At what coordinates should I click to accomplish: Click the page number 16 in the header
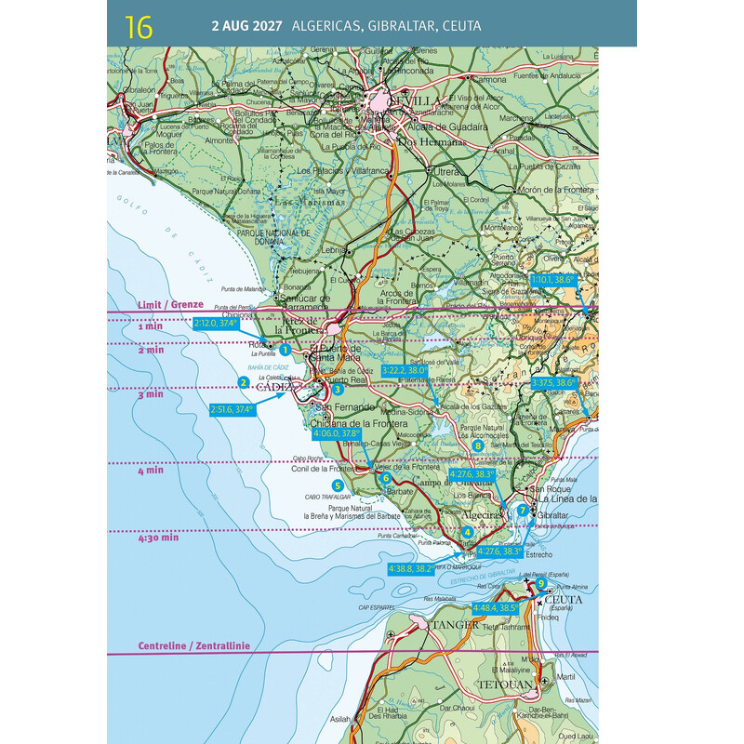point(139,25)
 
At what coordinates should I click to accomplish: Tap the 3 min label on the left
point(150,394)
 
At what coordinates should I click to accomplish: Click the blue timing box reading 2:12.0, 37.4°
point(216,324)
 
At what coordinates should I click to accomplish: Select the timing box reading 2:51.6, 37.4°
point(232,408)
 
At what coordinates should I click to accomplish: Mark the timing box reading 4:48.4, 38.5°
point(495,608)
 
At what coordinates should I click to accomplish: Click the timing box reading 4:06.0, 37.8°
point(337,433)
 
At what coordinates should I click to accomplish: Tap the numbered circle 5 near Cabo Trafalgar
point(338,485)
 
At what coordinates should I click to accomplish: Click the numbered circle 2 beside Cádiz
point(243,381)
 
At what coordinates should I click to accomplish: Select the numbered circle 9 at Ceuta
point(541,583)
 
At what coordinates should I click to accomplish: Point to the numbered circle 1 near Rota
point(285,350)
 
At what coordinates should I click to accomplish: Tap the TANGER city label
point(455,624)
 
